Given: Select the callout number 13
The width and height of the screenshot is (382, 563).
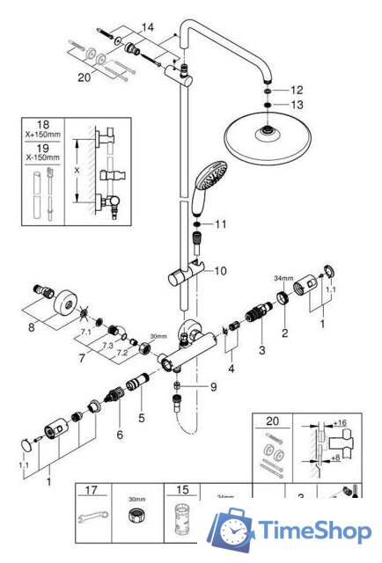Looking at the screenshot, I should tap(297, 106).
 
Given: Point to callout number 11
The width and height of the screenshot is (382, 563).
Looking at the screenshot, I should tap(220, 224).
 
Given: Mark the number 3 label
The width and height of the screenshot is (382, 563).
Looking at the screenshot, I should tap(261, 351).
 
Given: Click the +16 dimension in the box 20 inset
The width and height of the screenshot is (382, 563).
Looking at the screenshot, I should tap(343, 422).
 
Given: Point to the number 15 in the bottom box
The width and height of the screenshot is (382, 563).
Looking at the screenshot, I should tap(182, 489).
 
